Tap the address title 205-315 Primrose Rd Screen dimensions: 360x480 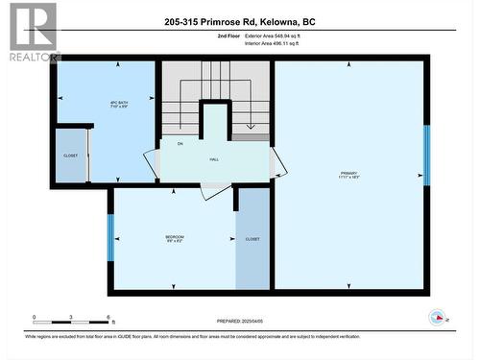[239, 21]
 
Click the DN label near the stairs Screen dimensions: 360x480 [180, 143]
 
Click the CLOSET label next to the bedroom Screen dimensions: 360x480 [252, 238]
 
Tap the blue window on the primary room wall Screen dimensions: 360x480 [426, 156]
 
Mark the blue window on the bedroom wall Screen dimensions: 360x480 [110, 237]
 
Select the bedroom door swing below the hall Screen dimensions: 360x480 [216, 189]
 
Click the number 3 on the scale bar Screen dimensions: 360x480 [71, 317]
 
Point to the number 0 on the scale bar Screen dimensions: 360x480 [34, 317]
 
